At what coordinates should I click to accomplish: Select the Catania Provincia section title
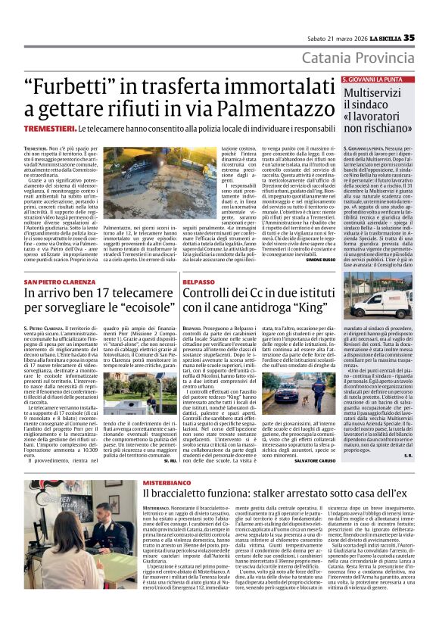pos(358,58)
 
